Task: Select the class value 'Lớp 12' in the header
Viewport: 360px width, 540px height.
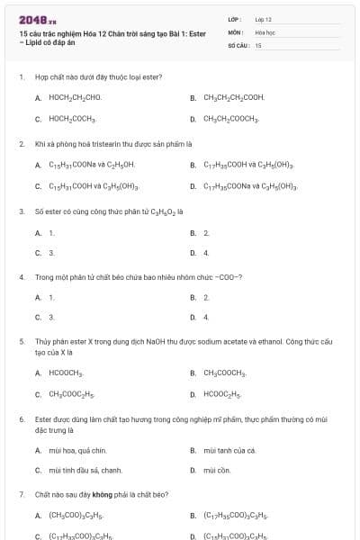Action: pyautogui.click(x=263, y=19)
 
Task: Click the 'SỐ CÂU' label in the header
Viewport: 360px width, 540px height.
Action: pyautogui.click(x=238, y=44)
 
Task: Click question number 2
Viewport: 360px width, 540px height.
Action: pyautogui.click(x=22, y=142)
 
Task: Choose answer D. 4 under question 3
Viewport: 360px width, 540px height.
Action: pyautogui.click(x=206, y=253)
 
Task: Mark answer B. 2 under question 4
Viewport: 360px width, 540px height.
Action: pyautogui.click(x=206, y=296)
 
